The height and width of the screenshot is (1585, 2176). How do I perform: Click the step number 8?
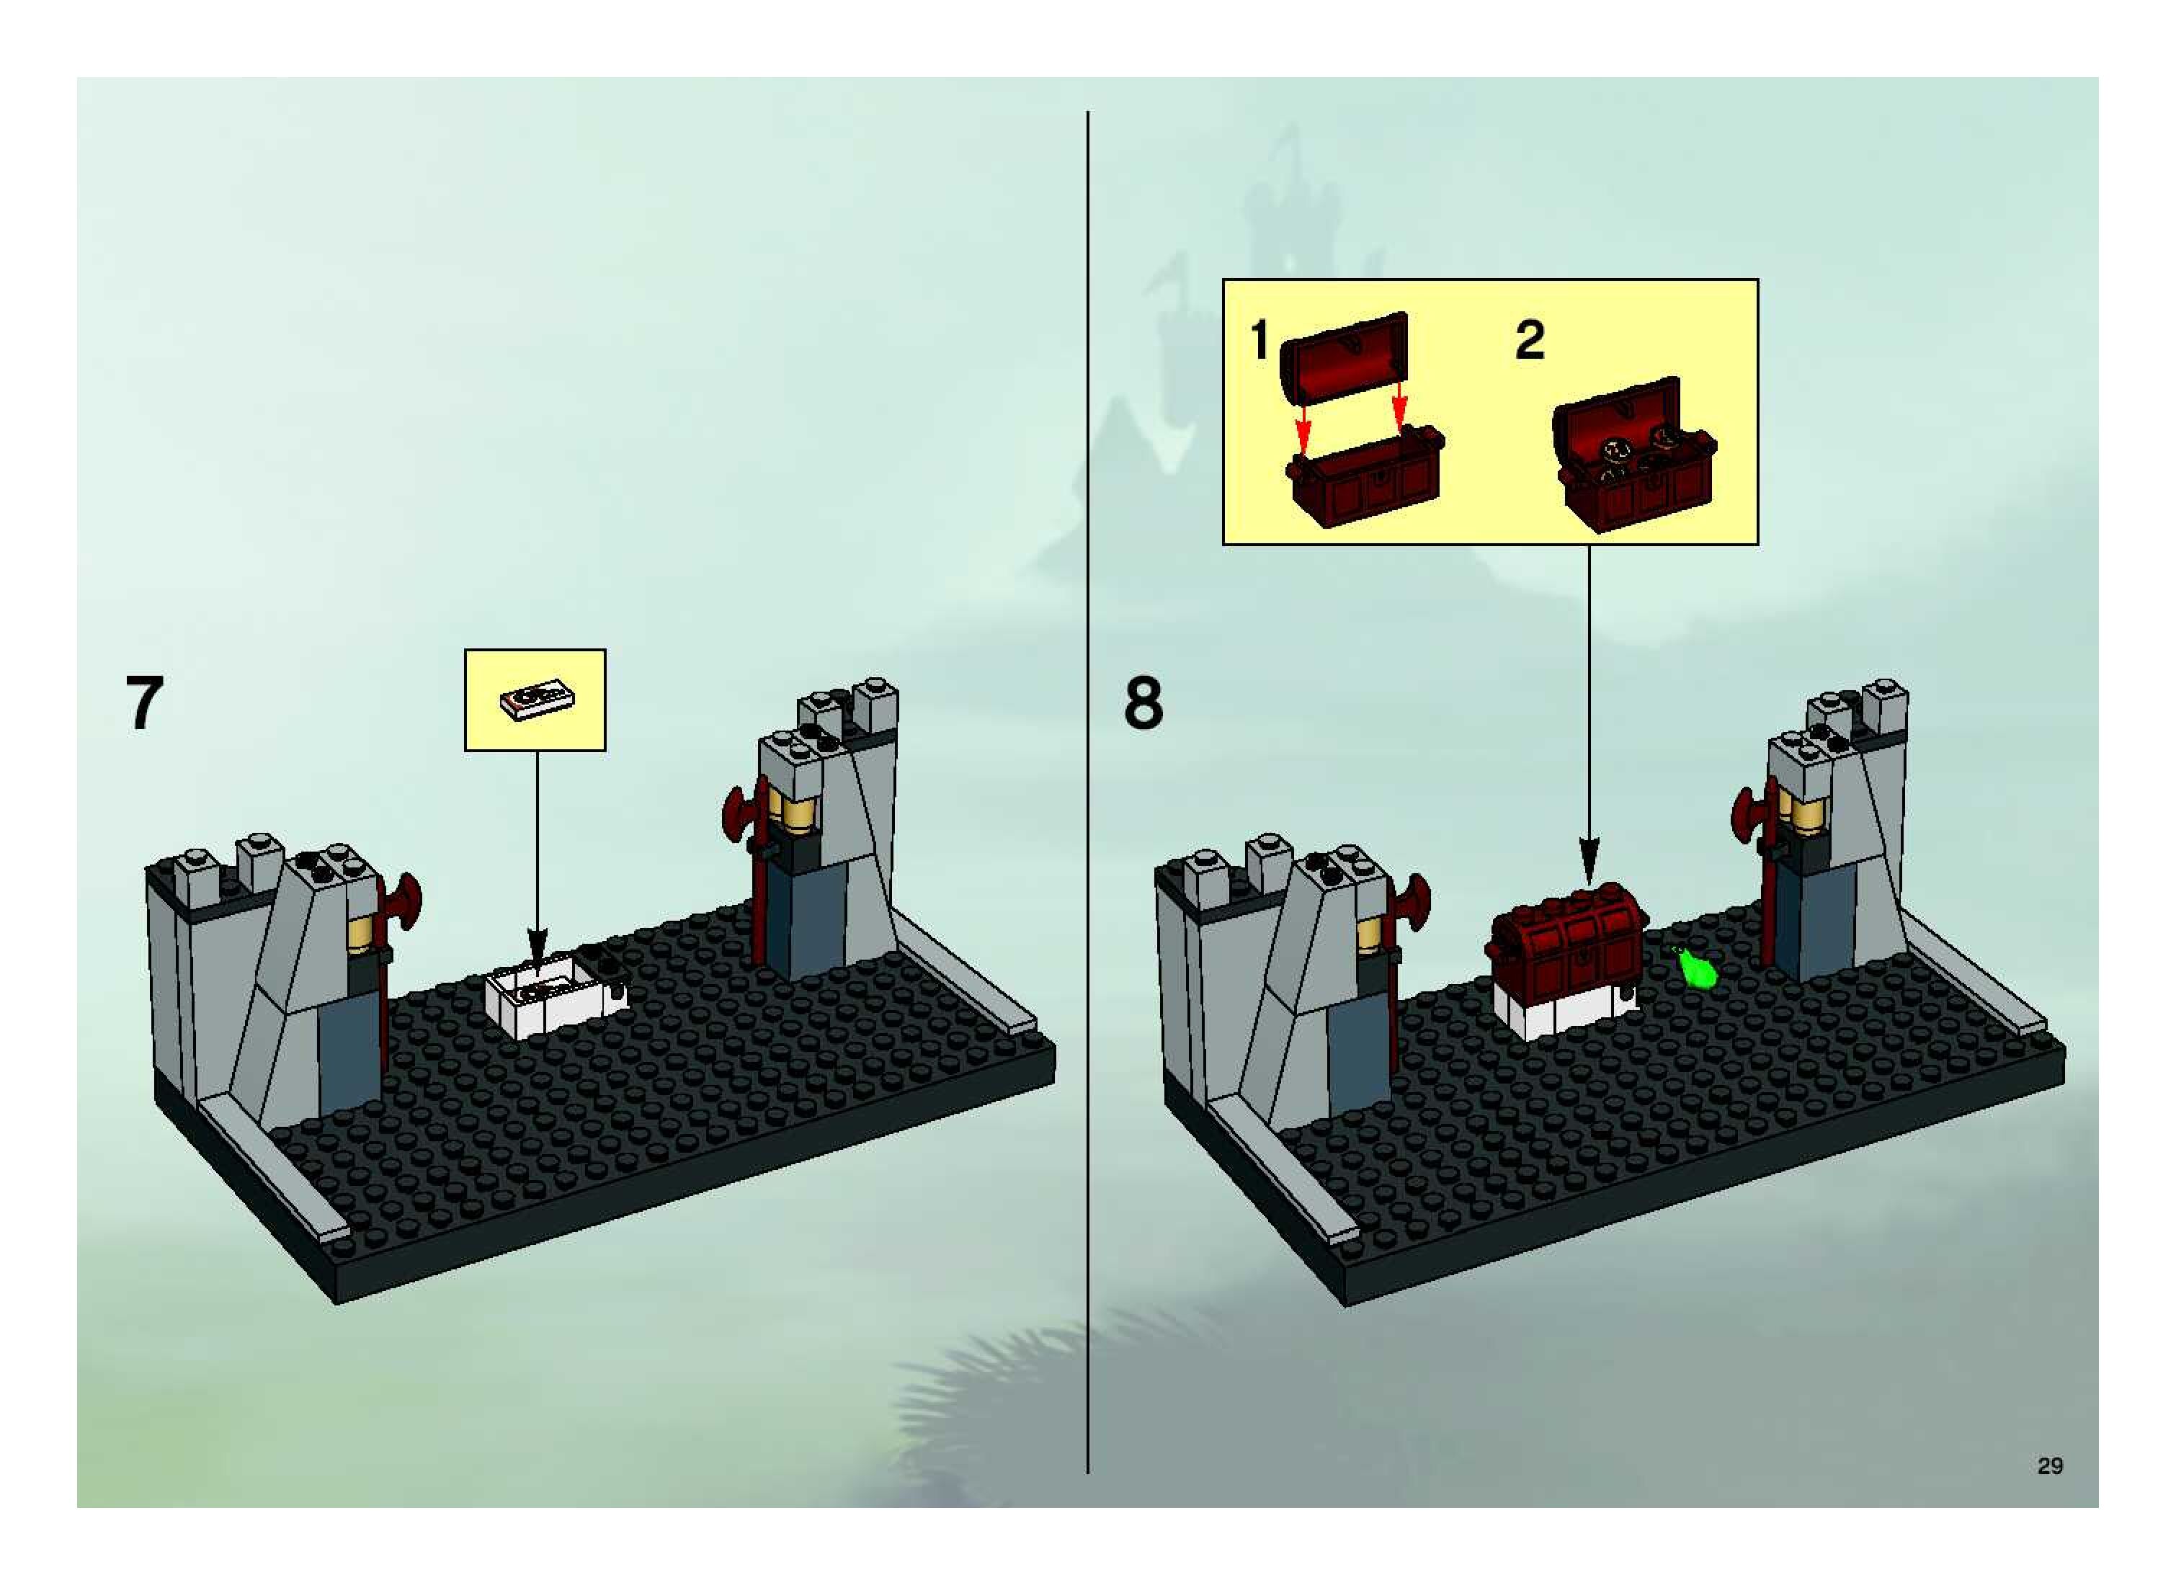point(1143,703)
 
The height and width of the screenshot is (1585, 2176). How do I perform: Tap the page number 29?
point(2051,1465)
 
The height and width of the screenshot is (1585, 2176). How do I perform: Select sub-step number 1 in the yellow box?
point(1259,341)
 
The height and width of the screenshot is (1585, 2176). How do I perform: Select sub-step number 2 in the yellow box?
point(1530,341)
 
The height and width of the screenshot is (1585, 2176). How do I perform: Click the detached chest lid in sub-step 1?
point(1345,356)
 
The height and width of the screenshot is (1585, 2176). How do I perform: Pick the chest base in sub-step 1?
point(1364,481)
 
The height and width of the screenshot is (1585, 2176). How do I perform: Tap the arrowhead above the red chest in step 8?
point(1589,853)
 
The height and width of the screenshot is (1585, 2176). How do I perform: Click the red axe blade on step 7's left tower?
point(405,902)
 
